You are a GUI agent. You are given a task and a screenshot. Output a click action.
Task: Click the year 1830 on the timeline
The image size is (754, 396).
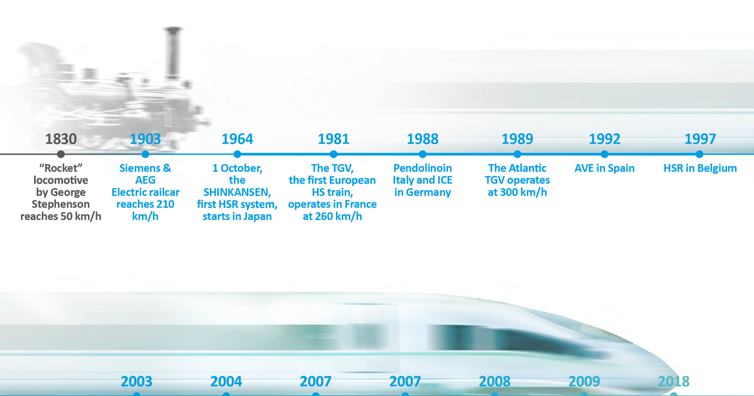pos(60,139)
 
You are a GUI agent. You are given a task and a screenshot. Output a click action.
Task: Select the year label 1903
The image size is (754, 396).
pos(145,139)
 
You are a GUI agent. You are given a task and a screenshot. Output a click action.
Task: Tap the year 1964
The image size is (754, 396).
pos(238,139)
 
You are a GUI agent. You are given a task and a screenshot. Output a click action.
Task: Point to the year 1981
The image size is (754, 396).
pos(334,139)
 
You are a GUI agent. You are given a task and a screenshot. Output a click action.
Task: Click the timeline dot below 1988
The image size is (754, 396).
pos(423,154)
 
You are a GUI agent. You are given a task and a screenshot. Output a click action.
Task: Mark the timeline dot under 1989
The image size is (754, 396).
pos(518,154)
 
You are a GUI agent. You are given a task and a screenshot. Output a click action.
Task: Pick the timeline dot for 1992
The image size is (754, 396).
pos(604,154)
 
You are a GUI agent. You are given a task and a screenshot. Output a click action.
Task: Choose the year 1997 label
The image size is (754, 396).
pos(700,139)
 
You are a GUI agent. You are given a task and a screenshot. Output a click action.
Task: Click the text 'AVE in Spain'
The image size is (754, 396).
pos(604,168)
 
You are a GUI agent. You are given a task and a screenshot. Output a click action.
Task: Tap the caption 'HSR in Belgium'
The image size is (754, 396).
pos(700,168)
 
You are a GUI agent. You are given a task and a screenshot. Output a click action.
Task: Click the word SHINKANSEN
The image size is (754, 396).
pos(238,192)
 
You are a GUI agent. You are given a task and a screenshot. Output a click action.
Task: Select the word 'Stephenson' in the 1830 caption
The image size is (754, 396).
pos(61,204)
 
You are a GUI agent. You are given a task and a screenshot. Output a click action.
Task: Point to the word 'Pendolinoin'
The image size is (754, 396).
pos(423,168)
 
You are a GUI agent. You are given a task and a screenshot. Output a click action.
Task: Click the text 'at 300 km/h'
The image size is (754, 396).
pos(518,192)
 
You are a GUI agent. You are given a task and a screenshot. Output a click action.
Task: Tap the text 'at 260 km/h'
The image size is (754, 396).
pos(332,217)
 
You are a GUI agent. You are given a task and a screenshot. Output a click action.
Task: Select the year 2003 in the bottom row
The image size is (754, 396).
pos(136,382)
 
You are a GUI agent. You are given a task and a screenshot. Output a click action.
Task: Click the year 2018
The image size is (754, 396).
pos(674,382)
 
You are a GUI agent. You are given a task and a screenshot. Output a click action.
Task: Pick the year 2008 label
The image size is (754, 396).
pos(494,382)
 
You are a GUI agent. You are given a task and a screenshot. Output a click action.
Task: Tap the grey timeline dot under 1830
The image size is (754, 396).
pos(60,154)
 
